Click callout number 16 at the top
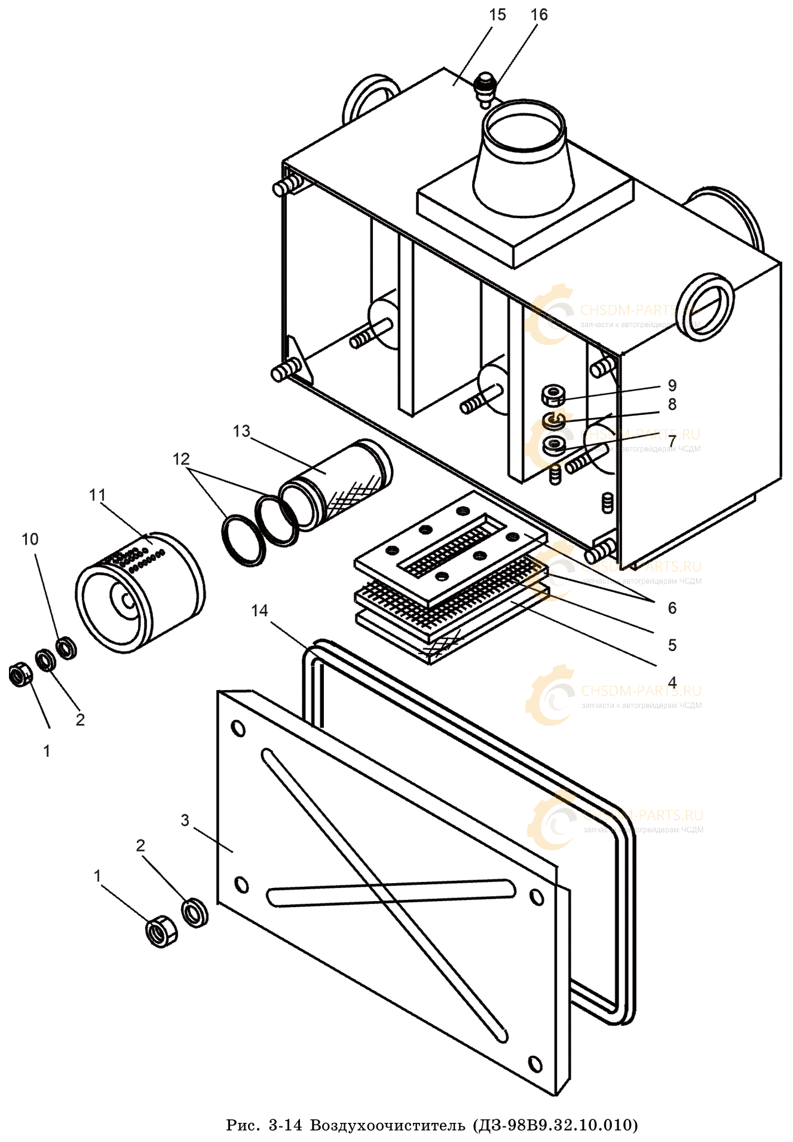coord(538,15)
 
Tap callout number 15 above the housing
coord(497,15)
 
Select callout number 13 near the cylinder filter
coord(241,431)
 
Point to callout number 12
coord(181,459)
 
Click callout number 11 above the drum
coord(97,495)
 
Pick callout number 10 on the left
coord(30,539)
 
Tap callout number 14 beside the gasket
coord(259,610)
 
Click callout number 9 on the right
coord(672,385)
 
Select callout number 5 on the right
coord(672,645)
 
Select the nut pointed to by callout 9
coord(553,395)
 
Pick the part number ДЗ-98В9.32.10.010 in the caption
coord(555,1125)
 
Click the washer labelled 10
coord(66,648)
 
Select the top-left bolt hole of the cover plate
coord(238,728)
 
